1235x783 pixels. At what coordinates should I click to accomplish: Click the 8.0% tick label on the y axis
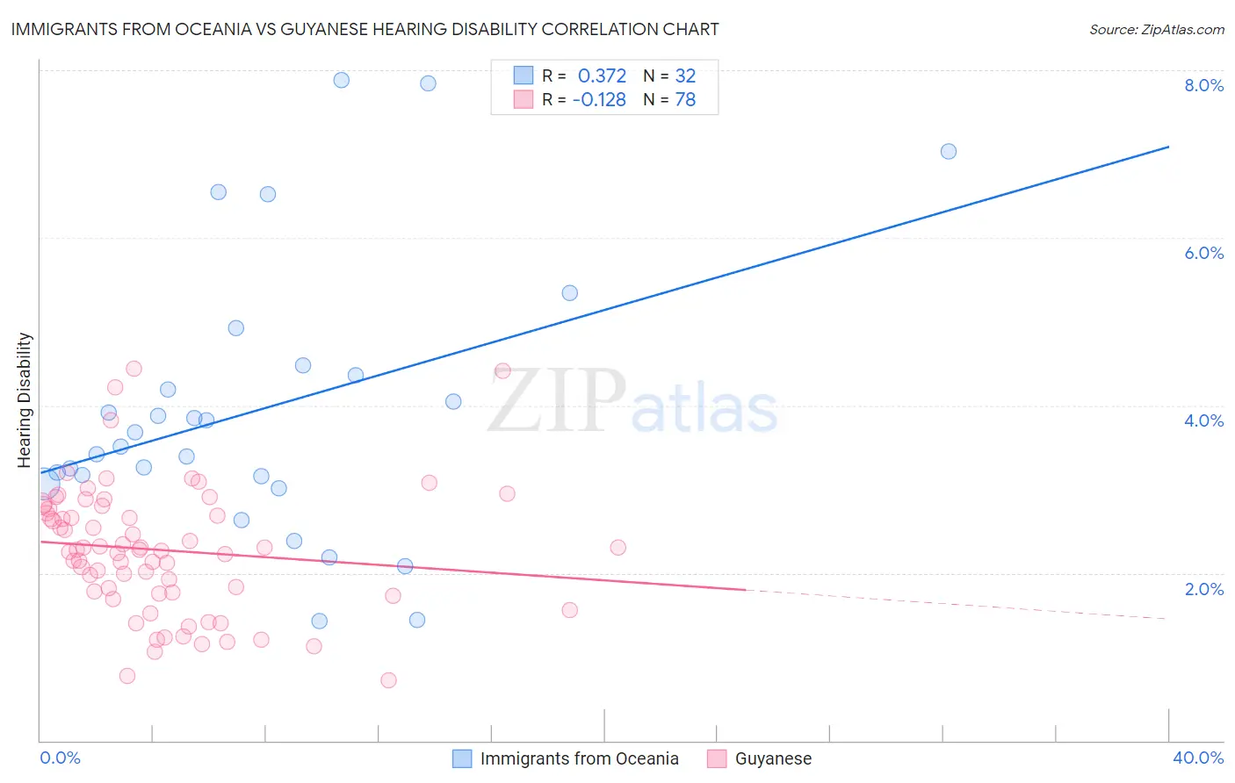(1203, 85)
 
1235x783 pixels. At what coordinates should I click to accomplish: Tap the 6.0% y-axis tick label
(1203, 253)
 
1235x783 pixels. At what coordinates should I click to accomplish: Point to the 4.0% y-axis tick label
(1203, 420)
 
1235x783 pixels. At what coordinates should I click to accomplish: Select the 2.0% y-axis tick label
(1203, 589)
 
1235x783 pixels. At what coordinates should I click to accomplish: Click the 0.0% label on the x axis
(61, 758)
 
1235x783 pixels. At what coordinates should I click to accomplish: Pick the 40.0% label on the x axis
(1197, 758)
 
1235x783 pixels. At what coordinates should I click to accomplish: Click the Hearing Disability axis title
(25, 399)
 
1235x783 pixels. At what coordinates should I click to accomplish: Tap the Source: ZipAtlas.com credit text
(1156, 29)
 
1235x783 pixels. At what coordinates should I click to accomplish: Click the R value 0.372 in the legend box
(602, 75)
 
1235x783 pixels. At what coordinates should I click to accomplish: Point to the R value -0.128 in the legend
(599, 99)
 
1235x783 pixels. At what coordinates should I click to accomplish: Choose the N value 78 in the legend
(685, 99)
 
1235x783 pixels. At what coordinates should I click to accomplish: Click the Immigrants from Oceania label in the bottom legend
(579, 758)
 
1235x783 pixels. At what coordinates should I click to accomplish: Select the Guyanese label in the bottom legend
(773, 758)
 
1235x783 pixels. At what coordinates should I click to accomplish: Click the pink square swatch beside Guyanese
(717, 758)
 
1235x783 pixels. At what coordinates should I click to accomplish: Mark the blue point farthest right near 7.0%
(949, 151)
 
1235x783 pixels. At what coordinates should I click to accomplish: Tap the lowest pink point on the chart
(388, 680)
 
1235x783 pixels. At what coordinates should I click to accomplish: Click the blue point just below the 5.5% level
(570, 293)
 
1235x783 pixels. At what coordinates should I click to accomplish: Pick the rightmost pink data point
(618, 548)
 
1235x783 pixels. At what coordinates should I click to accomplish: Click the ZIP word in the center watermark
(557, 401)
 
